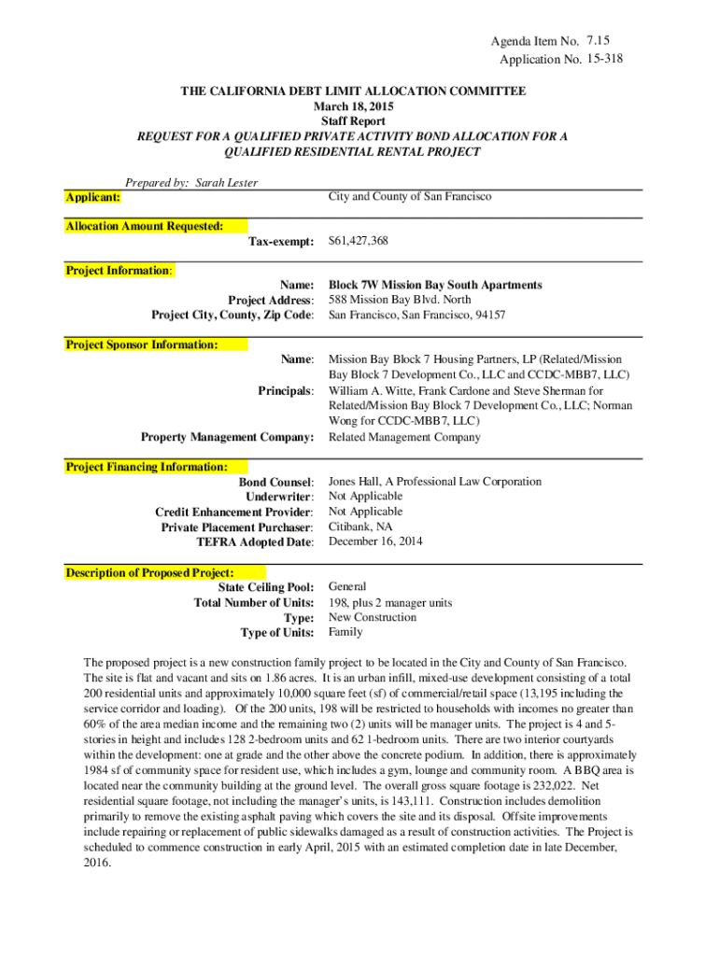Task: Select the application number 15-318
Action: pyautogui.click(x=604, y=59)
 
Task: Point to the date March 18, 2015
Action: pyautogui.click(x=353, y=106)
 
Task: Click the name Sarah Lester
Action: pyautogui.click(x=227, y=183)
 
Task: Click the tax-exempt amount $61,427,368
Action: pyautogui.click(x=359, y=241)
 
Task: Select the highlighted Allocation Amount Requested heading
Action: pyautogui.click(x=145, y=226)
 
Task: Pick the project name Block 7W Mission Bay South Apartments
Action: pyautogui.click(x=435, y=285)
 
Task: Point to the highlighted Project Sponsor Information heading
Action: pyautogui.click(x=142, y=344)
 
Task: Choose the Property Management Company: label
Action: pyautogui.click(x=227, y=437)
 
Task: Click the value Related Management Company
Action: pyautogui.click(x=404, y=437)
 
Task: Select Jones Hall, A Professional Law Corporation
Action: pyautogui.click(x=435, y=482)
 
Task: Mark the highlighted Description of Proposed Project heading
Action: pyautogui.click(x=149, y=572)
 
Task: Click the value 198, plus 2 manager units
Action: pyautogui.click(x=390, y=602)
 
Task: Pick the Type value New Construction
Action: pyautogui.click(x=373, y=617)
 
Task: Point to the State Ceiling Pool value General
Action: pyautogui.click(x=347, y=587)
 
